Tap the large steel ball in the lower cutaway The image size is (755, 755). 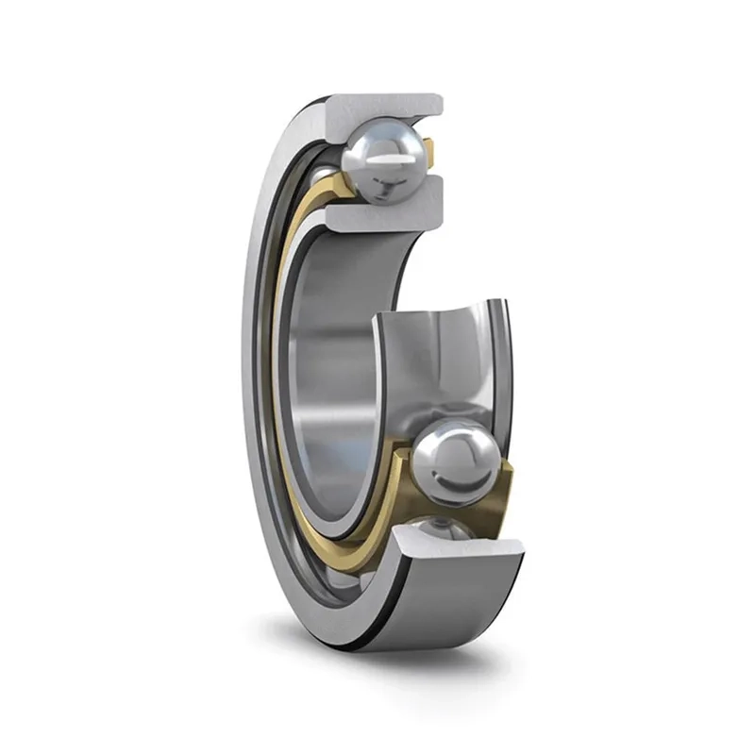point(456,462)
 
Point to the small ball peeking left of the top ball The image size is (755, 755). point(326,176)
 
